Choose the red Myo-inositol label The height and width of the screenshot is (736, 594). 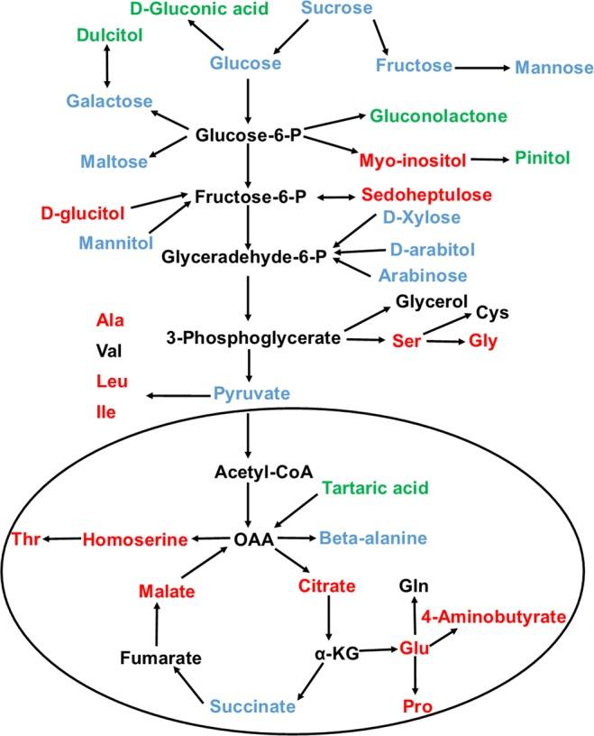click(412, 160)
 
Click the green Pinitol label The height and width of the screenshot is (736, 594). click(543, 158)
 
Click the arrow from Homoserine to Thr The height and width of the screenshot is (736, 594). click(61, 539)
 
